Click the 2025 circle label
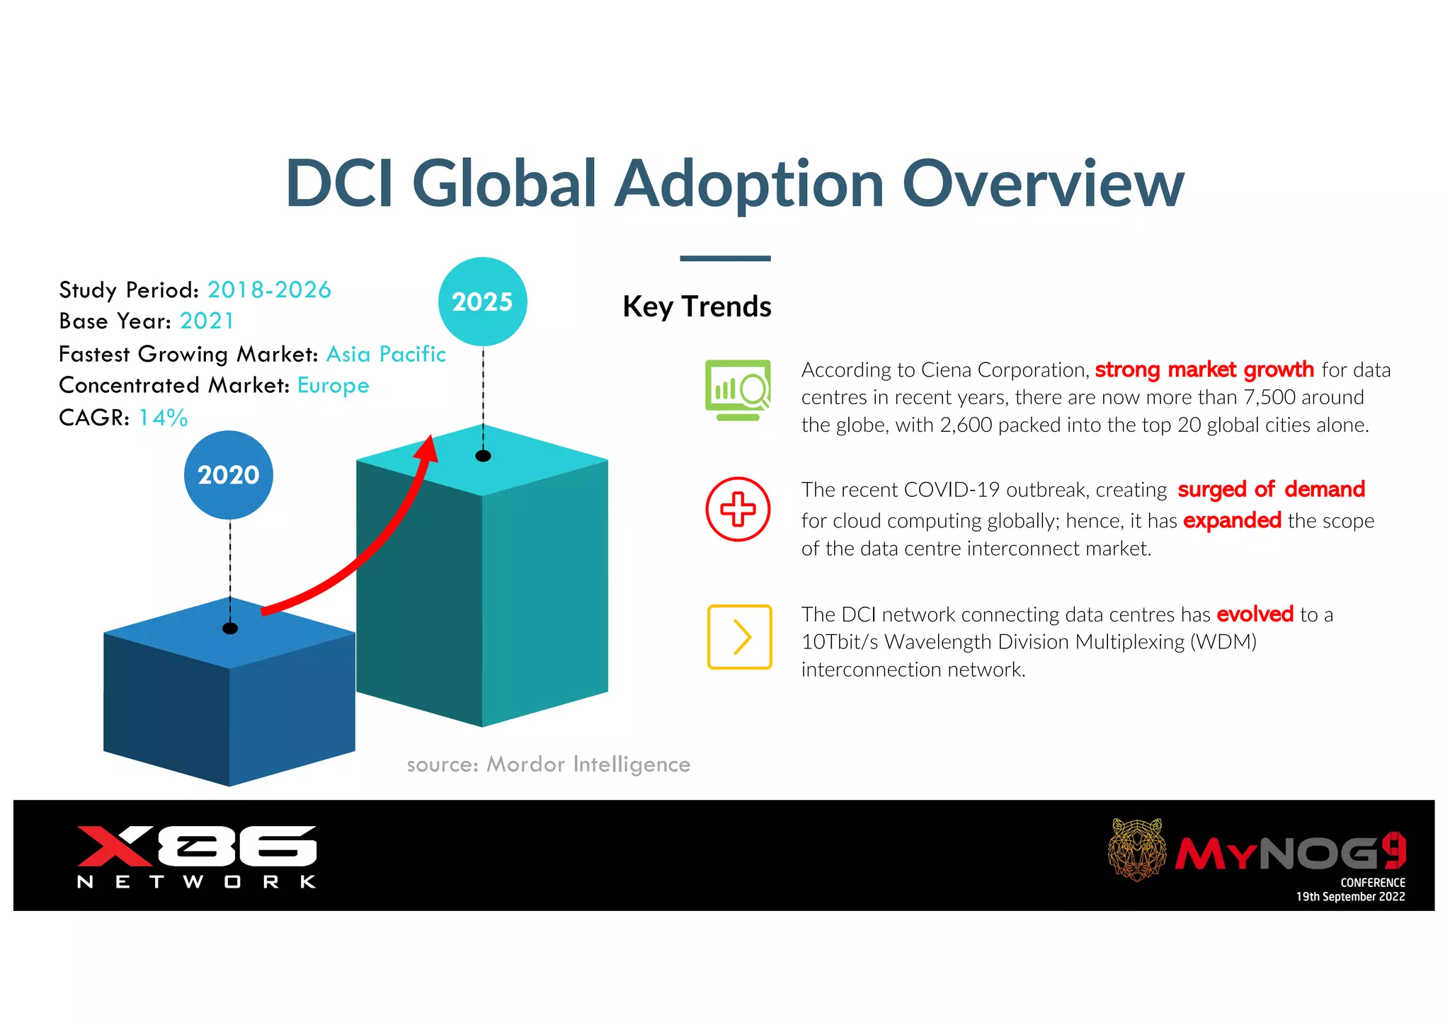tap(482, 302)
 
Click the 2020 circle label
tap(228, 475)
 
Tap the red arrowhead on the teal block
tap(428, 448)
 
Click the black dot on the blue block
tap(230, 629)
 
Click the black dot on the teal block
tap(483, 456)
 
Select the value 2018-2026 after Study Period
tap(269, 290)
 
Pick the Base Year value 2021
tap(206, 321)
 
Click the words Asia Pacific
tap(386, 354)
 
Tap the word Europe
tap(333, 385)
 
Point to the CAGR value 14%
tap(163, 418)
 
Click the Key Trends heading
tap(697, 307)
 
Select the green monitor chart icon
tap(738, 389)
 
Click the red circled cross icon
tap(738, 509)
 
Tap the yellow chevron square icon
tap(739, 637)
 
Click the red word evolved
tap(1255, 614)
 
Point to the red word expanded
tap(1232, 520)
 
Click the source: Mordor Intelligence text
tap(548, 765)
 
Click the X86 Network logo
tap(197, 855)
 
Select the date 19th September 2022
tap(1350, 897)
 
